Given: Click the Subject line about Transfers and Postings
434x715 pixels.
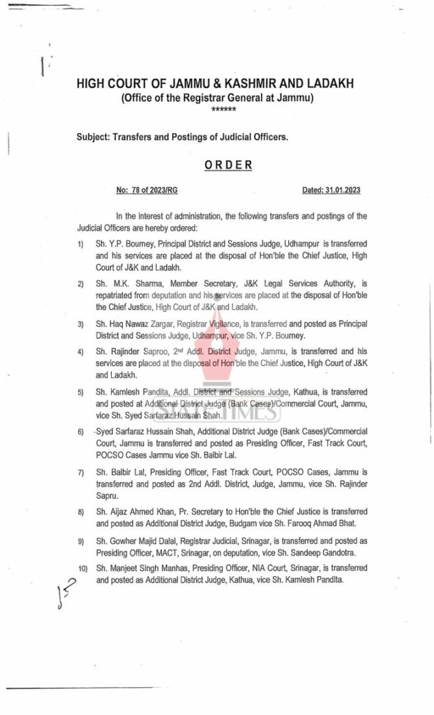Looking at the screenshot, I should (x=182, y=138).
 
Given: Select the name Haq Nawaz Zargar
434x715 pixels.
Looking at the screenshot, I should (x=140, y=325).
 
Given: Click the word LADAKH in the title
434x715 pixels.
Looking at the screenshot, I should (x=327, y=84).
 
